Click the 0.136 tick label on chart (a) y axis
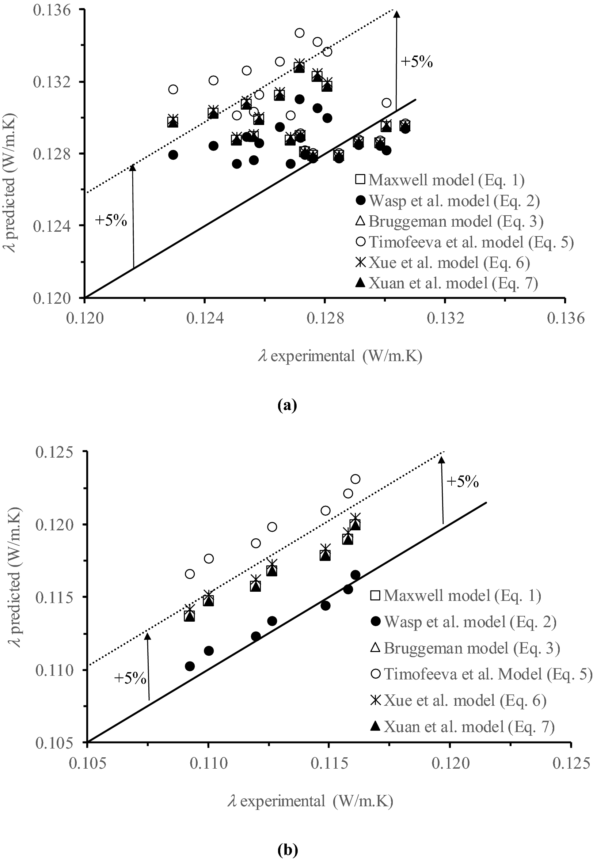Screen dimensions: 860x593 point(51,10)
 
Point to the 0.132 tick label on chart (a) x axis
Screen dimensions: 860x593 point(445,318)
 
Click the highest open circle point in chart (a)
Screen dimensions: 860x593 point(300,33)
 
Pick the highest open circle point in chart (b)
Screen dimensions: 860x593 point(355,479)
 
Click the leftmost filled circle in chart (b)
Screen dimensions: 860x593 point(190,666)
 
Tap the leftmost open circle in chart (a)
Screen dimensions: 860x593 point(173,89)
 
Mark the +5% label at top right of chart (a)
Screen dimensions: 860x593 point(417,62)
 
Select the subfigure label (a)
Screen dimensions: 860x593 point(287,405)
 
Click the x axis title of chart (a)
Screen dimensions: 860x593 point(340,356)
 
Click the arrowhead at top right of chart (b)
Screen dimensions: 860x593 point(441,460)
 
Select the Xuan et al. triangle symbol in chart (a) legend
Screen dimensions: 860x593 point(360,283)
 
